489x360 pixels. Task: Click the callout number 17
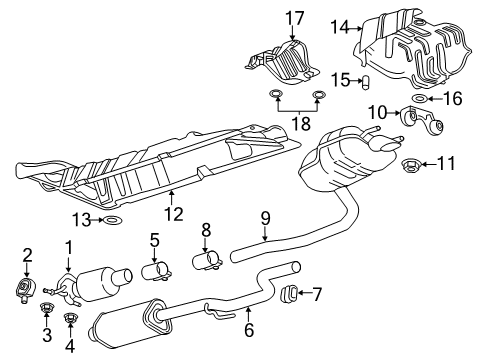point(293,17)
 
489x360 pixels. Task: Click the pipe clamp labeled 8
point(211,263)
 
